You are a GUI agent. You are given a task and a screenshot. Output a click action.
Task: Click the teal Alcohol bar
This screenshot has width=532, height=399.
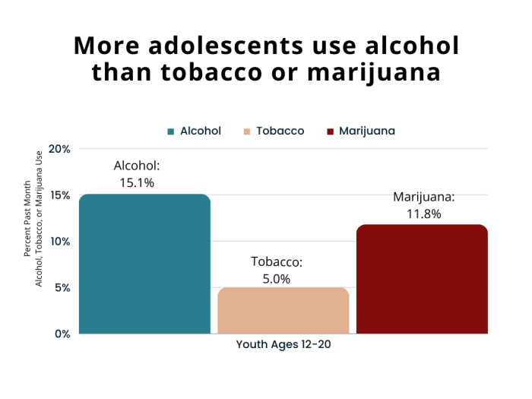tap(144, 264)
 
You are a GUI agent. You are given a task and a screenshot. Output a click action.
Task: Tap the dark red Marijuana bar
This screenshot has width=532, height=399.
tap(422, 279)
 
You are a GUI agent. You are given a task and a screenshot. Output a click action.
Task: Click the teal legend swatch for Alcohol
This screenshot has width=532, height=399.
tap(171, 131)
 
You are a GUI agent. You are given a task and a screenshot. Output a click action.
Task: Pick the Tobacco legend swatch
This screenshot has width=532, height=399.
tap(247, 131)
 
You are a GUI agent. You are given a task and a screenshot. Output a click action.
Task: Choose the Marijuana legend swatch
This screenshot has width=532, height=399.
tap(330, 131)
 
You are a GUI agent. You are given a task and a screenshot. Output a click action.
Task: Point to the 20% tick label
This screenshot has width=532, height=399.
tap(59, 149)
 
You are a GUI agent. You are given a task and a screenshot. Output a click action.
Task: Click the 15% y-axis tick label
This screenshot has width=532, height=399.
tap(59, 195)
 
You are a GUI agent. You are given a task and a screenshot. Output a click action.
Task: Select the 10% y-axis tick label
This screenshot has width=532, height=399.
tap(59, 242)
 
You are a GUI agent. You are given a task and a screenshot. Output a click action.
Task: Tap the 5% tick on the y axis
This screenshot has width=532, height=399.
tap(62, 288)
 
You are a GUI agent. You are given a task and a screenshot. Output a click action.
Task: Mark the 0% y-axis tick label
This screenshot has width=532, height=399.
tap(62, 334)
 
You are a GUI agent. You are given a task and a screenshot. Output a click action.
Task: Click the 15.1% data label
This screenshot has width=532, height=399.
tap(137, 182)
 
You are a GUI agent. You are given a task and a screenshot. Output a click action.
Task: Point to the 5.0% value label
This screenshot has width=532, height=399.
tap(277, 279)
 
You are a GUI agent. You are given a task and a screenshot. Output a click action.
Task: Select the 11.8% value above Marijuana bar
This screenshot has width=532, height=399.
tap(423, 214)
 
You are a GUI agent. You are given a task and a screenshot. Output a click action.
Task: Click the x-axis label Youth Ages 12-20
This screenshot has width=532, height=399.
tap(283, 344)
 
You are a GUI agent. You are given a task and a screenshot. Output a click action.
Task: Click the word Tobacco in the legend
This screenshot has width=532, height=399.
tap(280, 131)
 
